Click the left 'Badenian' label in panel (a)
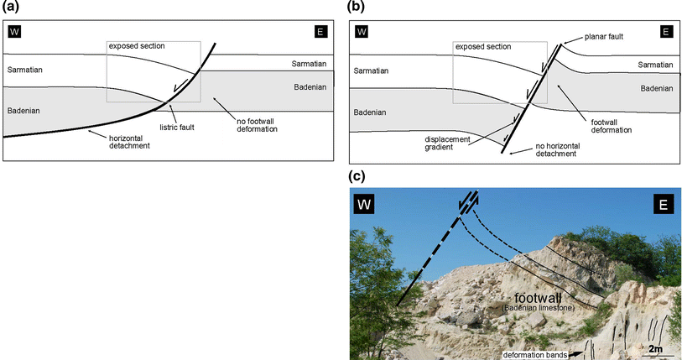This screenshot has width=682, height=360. [x=23, y=110]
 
